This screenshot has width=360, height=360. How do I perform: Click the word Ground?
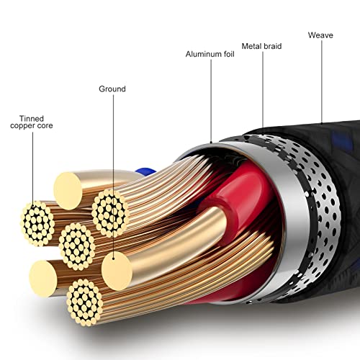112,89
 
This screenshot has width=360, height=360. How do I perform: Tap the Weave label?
320,35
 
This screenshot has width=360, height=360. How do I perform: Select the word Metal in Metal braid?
251,46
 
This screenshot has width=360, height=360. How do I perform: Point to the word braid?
272,46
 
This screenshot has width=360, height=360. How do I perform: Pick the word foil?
229,54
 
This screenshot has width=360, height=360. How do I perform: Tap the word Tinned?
32,119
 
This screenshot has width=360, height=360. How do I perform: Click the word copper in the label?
21,126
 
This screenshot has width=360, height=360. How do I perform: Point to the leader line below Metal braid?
263,89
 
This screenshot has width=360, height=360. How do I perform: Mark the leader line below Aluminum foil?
211,101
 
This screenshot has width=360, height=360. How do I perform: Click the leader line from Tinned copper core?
33,168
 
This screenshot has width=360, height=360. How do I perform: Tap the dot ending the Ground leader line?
113,258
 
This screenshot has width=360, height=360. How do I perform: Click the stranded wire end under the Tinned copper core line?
37,223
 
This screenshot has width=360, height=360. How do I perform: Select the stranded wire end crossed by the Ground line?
110,213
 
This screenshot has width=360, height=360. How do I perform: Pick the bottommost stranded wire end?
85,302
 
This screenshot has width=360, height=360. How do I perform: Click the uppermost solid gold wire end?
68,191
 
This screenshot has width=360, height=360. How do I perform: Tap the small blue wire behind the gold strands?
145,172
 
